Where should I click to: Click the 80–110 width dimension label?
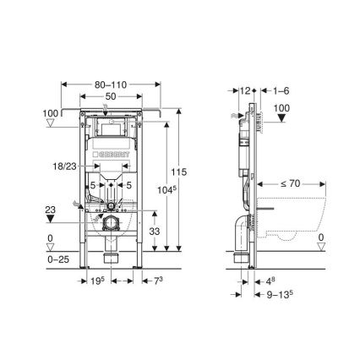[112, 85]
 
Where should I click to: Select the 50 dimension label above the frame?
[112, 98]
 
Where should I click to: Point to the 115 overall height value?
[178, 172]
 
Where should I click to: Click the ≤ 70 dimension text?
[291, 181]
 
